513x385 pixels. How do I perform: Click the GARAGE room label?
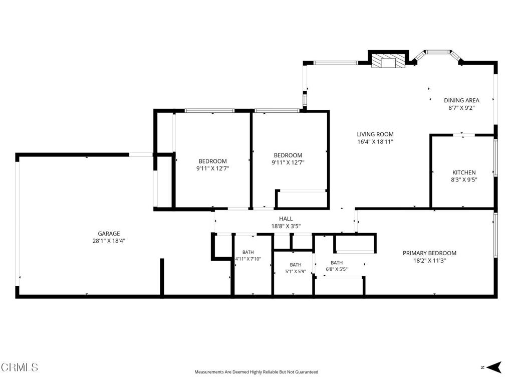pos(109,234)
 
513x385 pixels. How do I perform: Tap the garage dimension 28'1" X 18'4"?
pos(109,241)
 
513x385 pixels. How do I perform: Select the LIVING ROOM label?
pos(375,134)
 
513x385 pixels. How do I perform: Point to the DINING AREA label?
pos(461,100)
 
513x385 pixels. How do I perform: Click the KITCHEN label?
pos(464,172)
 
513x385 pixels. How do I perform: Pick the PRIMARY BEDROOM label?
pos(429,253)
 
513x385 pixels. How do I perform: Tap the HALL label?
pos(286,219)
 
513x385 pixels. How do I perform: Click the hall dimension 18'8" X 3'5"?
pos(286,226)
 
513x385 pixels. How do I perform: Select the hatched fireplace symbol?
pos(388,61)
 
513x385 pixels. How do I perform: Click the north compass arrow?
pos(494,367)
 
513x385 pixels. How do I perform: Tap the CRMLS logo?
pos(20,367)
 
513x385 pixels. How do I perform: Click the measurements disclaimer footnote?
pos(256,372)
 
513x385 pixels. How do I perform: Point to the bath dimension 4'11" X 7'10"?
pos(248,259)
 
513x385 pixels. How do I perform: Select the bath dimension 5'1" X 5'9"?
pos(296,271)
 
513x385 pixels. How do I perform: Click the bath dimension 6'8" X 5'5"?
pos(337,269)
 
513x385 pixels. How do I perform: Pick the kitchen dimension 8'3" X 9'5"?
pos(464,180)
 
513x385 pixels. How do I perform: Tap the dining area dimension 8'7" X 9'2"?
pos(461,108)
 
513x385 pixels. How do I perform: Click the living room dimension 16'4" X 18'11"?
pos(375,142)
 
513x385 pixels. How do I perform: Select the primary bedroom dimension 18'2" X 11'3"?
pos(429,261)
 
